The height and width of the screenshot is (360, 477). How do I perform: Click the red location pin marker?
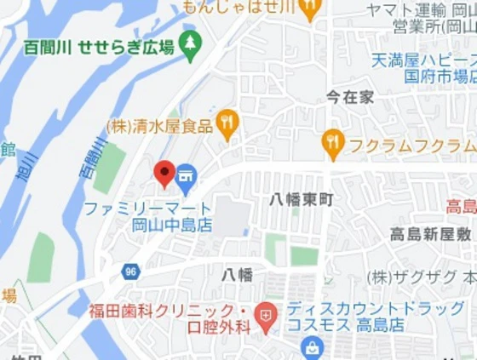point(164,174)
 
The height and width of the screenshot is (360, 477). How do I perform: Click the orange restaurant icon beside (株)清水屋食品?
point(227,124)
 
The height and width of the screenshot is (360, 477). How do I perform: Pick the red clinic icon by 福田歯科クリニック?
point(267,317)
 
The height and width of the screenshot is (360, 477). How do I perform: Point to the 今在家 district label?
point(350,97)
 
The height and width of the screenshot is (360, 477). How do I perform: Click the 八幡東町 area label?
point(302,199)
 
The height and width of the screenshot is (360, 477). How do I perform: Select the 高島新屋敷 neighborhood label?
point(431,234)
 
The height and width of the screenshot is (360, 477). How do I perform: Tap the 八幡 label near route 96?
point(238,274)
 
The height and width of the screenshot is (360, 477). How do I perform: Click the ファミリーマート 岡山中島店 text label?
point(148,216)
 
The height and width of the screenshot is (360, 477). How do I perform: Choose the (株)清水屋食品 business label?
point(159,126)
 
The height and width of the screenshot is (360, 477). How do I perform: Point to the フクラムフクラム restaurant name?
point(411,144)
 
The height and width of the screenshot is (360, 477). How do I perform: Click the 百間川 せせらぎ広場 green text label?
point(99,46)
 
